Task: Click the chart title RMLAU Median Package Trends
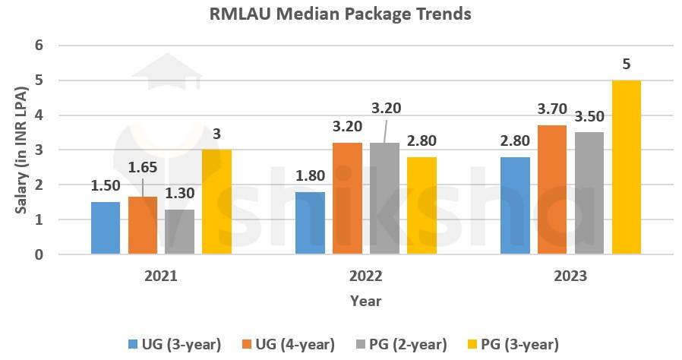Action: point(340,14)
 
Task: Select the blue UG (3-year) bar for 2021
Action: point(106,228)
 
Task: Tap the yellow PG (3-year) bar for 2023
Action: point(626,167)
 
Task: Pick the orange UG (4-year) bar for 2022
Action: point(347,198)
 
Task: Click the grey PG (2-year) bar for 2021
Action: point(178,232)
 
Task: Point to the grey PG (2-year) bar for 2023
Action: point(589,193)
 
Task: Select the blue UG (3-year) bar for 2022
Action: point(310,223)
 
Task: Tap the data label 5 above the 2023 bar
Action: point(626,65)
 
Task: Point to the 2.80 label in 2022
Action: point(422,141)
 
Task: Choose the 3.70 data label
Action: point(552,109)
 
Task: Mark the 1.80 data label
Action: point(310,175)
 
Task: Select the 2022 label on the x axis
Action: point(365,276)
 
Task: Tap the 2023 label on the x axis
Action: point(570,276)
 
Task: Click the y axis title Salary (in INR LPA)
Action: point(23,150)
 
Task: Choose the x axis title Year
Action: point(365,301)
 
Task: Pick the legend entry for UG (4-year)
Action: point(289,344)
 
